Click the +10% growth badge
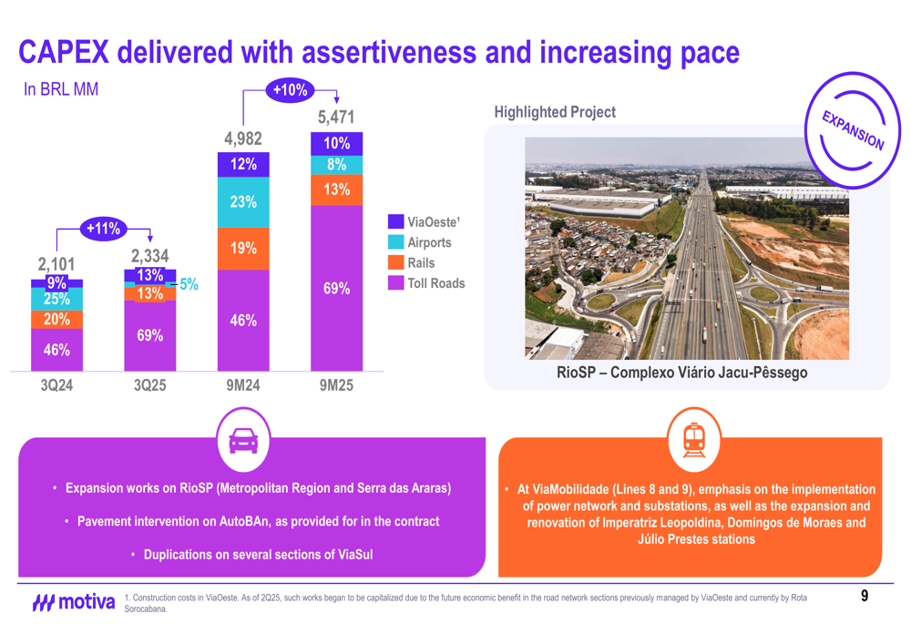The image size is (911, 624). click(291, 89)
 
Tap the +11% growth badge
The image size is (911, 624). click(103, 228)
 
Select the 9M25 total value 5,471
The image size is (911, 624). click(336, 118)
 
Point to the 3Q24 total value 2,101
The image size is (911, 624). click(56, 264)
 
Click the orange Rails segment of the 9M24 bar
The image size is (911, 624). click(243, 248)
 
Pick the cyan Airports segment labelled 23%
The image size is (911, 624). click(243, 202)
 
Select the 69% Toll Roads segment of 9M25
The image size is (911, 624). click(336, 288)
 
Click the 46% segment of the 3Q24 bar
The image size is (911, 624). click(56, 349)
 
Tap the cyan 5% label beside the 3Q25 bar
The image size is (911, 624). click(189, 284)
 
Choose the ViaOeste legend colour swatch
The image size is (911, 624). click(395, 221)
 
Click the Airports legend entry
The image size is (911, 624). click(428, 242)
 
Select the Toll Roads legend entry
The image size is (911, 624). click(435, 283)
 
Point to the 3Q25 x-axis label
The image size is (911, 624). click(150, 386)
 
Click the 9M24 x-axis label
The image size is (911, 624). click(243, 386)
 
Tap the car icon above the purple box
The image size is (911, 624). click(243, 440)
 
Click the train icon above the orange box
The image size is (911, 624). click(693, 440)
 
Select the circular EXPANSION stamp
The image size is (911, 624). click(853, 130)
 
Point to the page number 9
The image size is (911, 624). click(865, 597)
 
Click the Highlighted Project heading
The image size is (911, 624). click(554, 112)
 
